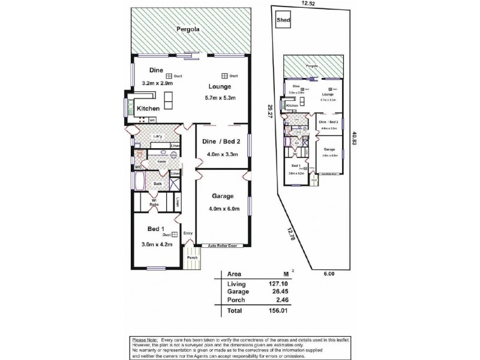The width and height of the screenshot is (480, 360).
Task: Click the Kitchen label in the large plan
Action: point(148,108)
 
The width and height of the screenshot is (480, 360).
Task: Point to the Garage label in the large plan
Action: point(222,196)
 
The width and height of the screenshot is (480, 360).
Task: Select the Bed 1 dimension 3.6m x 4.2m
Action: point(156,245)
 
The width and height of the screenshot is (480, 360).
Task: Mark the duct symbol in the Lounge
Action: point(223,76)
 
